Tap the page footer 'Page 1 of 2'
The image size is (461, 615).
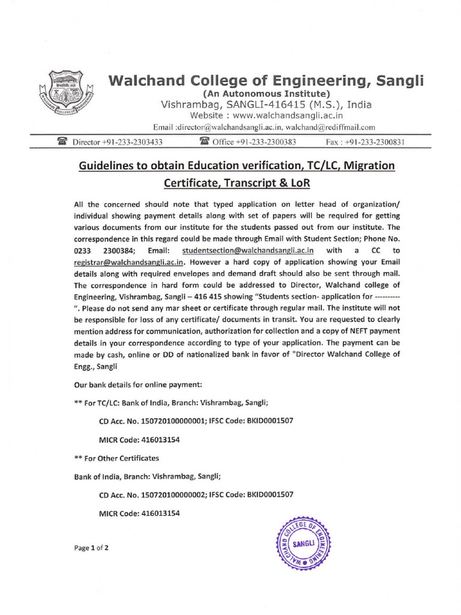click(x=91, y=548)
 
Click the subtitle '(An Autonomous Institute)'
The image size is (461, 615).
click(x=266, y=94)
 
